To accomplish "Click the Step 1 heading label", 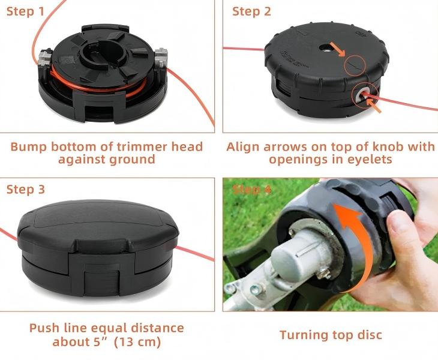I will click(x=25, y=12).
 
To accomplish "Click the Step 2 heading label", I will click(x=252, y=12).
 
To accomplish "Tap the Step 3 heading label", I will click(x=25, y=190).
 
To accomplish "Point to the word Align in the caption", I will click(x=244, y=146).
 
